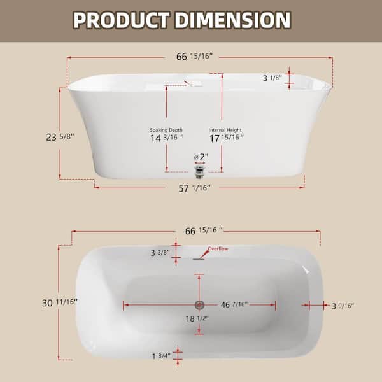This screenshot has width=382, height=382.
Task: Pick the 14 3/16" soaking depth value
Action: (x=166, y=138)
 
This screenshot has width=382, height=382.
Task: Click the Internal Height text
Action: (x=226, y=129)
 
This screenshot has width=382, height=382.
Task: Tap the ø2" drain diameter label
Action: (x=201, y=157)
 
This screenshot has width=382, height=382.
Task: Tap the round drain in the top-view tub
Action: (x=199, y=305)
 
